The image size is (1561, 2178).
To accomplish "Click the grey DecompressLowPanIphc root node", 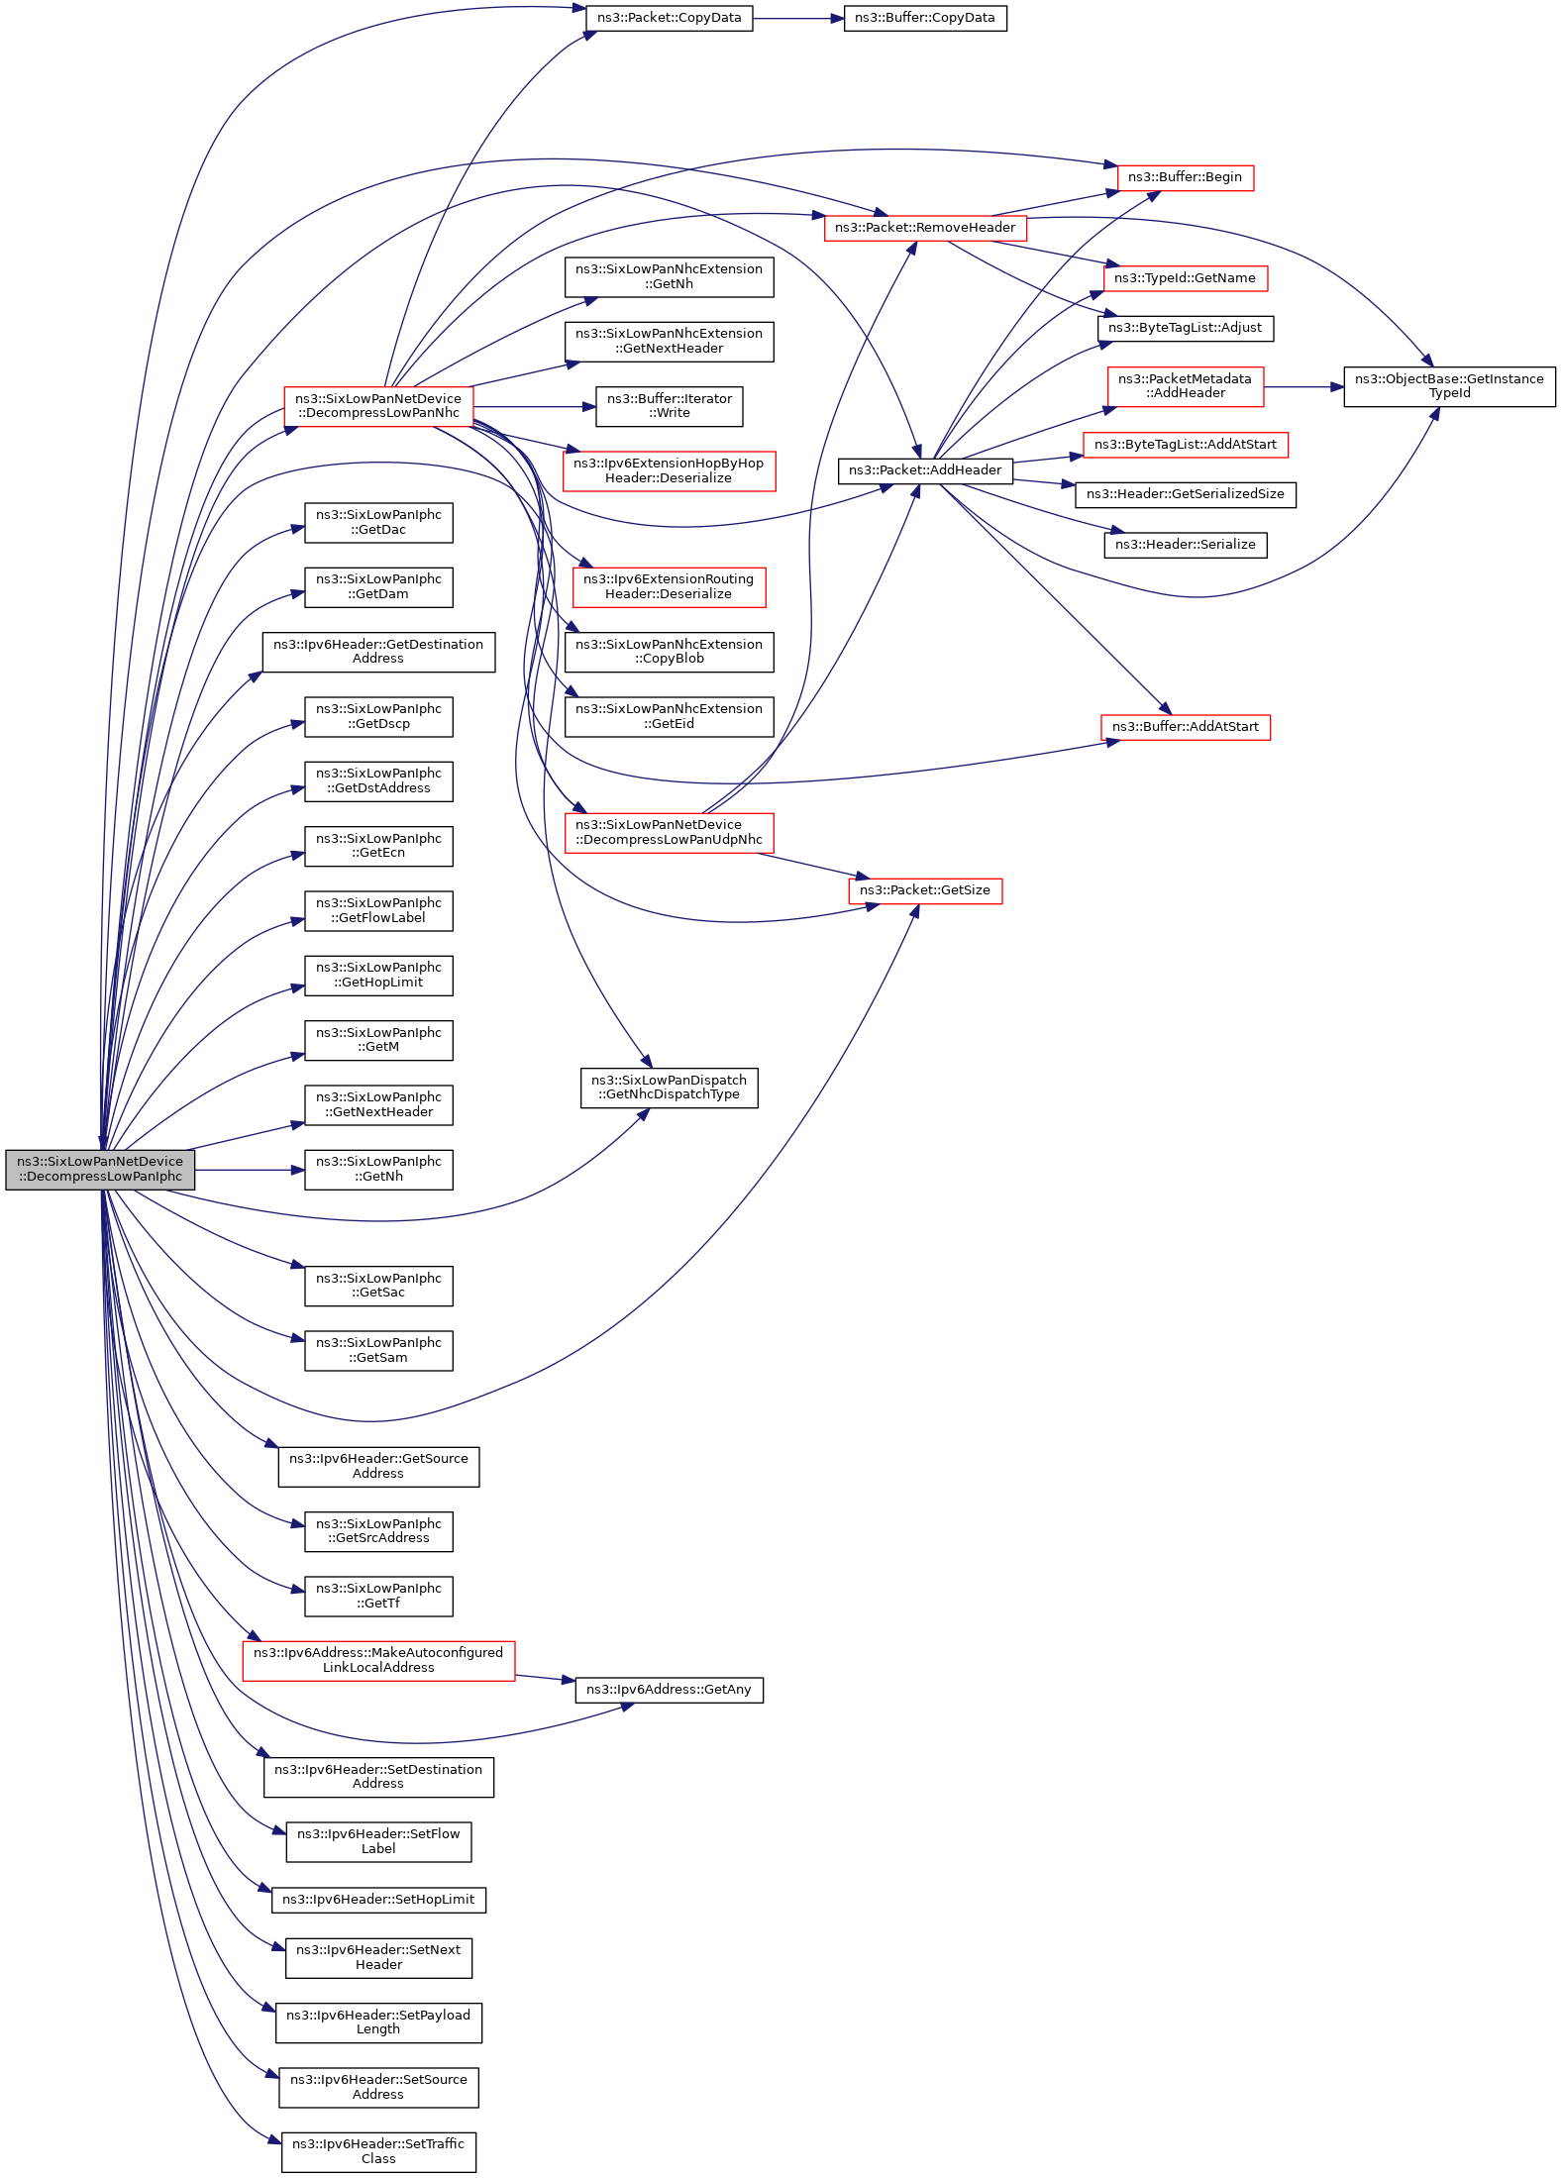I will pyautogui.click(x=100, y=1169).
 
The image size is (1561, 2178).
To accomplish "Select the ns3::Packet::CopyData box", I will pyautogui.click(x=669, y=18).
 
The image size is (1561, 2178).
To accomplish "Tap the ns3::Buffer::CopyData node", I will pyautogui.click(x=924, y=18).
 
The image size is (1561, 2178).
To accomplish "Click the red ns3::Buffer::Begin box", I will pyautogui.click(x=1185, y=177).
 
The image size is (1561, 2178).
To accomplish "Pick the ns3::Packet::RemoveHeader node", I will pyautogui.click(x=924, y=228).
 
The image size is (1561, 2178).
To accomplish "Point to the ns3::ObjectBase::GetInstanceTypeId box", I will pyautogui.click(x=1448, y=386).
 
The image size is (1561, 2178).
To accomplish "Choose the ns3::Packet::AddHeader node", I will pyautogui.click(x=924, y=470).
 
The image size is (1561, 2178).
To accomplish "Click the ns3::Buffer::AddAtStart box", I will pyautogui.click(x=1185, y=727).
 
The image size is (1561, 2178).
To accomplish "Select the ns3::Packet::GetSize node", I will pyautogui.click(x=924, y=890).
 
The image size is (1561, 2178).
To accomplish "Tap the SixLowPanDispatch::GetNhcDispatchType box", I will pyautogui.click(x=669, y=1088).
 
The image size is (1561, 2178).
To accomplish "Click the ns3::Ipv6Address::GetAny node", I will pyautogui.click(x=669, y=1690).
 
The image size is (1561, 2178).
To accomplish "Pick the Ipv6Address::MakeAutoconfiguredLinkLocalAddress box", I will pyautogui.click(x=378, y=1660).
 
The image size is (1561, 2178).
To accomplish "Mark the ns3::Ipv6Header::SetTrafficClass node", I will pyautogui.click(x=378, y=2151).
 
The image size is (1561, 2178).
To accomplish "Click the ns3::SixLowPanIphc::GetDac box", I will pyautogui.click(x=378, y=522).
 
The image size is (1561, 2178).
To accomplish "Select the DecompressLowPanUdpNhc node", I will pyautogui.click(x=669, y=832).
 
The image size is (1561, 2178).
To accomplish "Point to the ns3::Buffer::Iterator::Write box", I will pyautogui.click(x=669, y=406).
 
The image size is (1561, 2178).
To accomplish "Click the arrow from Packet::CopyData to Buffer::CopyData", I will pyautogui.click(x=797, y=18).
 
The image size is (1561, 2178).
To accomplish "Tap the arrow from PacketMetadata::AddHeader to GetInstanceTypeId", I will pyautogui.click(x=1302, y=387).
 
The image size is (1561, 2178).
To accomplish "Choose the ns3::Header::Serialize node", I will pyautogui.click(x=1185, y=545).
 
